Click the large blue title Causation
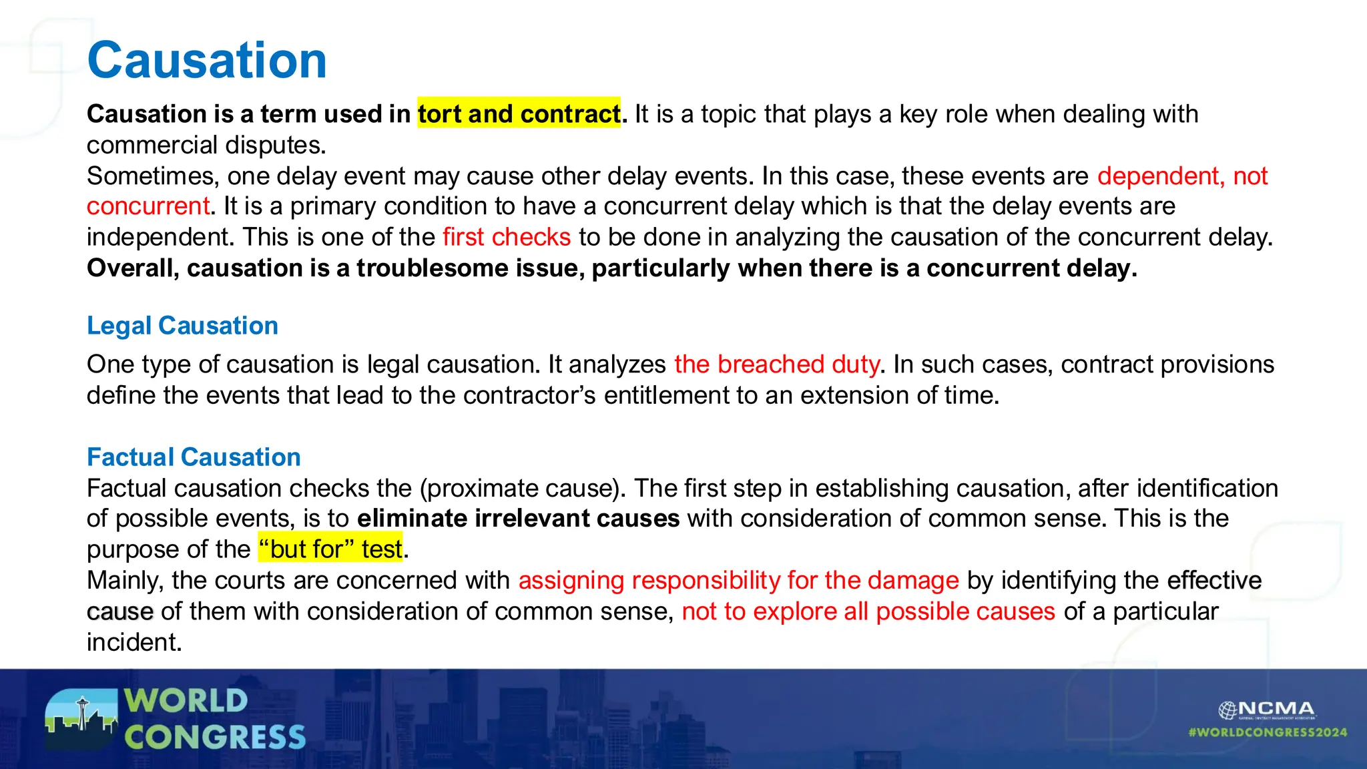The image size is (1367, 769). point(207,60)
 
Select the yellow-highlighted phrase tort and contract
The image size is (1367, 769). point(519,113)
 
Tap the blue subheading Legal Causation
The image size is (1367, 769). point(182,326)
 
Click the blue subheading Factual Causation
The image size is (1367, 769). point(194,457)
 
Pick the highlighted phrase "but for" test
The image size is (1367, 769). point(330,549)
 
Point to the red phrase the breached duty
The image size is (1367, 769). point(776,364)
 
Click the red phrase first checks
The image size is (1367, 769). point(507,237)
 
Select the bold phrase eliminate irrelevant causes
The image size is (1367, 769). point(518,519)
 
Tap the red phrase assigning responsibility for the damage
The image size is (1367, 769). point(738,581)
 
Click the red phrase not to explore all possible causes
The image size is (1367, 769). point(868,611)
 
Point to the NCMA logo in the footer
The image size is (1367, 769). point(1266,710)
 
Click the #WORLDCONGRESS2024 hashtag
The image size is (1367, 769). point(1268,732)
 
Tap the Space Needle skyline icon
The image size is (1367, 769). point(81,720)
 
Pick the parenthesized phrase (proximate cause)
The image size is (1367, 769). point(522,489)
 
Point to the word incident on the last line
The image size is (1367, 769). point(133,642)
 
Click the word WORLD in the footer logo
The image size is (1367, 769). point(186,701)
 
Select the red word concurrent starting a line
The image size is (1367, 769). point(148,206)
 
